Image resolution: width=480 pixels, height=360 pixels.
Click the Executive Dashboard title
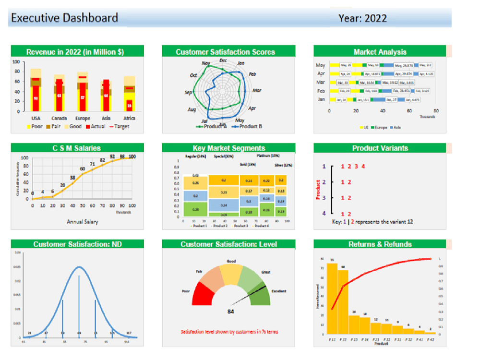coord(64,18)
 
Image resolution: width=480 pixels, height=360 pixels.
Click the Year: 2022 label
coord(362,19)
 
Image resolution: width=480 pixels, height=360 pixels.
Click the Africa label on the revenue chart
coord(129,118)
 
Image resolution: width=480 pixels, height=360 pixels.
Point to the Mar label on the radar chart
coord(257,90)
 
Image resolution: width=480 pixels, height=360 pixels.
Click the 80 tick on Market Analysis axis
coord(436,111)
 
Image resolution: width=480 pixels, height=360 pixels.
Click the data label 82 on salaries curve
coord(102,160)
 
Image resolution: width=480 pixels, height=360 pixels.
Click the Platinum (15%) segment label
coord(268,156)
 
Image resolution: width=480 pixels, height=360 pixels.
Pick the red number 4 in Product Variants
coord(363,167)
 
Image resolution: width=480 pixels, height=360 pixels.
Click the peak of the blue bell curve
coord(79,267)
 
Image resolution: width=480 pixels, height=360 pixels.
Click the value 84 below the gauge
coord(231,312)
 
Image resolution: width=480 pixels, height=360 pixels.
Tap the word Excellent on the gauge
coord(279,291)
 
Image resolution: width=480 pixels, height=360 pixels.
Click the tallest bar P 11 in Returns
coord(332,298)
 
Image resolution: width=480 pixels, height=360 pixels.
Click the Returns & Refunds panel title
coord(380,244)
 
